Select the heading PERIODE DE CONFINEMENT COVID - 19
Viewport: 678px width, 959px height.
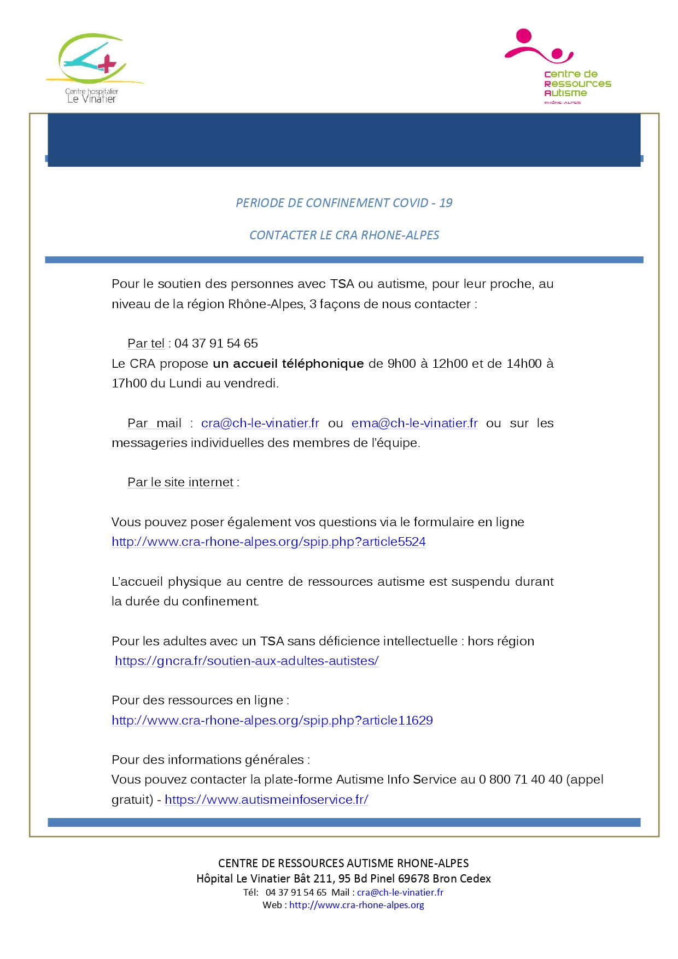(x=344, y=203)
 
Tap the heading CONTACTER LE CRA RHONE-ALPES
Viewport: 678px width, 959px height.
(x=344, y=235)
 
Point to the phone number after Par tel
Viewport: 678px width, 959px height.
(x=216, y=343)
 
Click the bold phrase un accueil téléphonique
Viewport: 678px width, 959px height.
(x=288, y=363)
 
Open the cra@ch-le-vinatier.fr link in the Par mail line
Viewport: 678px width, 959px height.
(x=260, y=423)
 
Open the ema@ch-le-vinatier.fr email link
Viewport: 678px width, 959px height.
(x=414, y=423)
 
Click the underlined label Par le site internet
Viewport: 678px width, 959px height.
(x=180, y=482)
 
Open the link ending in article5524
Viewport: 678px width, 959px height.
(x=268, y=542)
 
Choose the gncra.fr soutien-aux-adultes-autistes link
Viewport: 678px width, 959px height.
(x=247, y=661)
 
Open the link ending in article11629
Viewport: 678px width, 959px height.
(x=272, y=720)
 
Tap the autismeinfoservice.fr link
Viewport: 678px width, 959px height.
(x=266, y=799)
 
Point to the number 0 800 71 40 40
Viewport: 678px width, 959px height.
(x=521, y=779)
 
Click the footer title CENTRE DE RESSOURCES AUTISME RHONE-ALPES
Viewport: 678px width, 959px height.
(x=343, y=863)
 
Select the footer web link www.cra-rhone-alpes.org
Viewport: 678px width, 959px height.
(x=356, y=905)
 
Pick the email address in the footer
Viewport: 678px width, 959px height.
(x=400, y=892)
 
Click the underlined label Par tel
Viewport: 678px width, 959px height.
(x=146, y=343)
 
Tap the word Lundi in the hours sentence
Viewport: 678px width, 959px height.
(x=186, y=383)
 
